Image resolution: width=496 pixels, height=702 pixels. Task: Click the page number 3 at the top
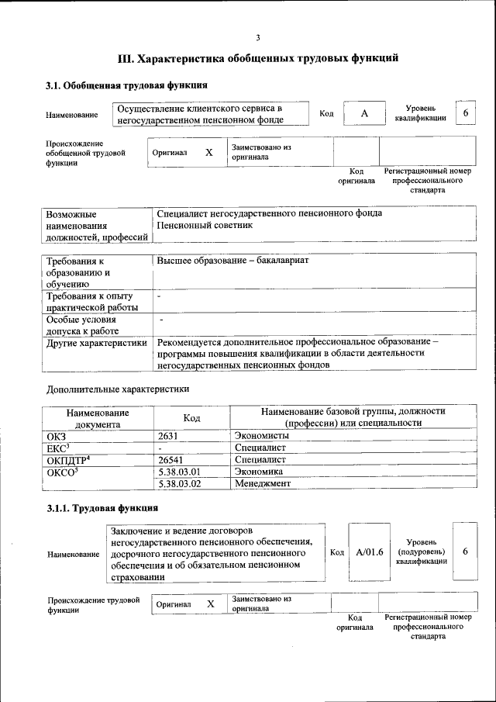(258, 38)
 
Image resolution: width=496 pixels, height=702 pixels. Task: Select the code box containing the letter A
(363, 114)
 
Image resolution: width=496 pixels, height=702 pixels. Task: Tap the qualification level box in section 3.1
(466, 113)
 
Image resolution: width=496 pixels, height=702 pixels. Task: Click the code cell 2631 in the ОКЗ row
(168, 437)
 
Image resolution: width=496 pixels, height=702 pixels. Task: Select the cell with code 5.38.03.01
(179, 471)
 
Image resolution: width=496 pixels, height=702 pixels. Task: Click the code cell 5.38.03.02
(179, 483)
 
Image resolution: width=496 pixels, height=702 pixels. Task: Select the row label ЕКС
(59, 448)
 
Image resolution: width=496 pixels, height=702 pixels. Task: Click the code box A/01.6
(370, 552)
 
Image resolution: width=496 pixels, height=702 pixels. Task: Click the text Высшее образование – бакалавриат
(232, 260)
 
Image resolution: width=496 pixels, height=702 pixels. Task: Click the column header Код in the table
(191, 417)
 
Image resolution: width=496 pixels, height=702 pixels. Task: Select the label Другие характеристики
(96, 342)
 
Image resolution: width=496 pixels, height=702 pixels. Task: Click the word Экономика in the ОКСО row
(258, 471)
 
